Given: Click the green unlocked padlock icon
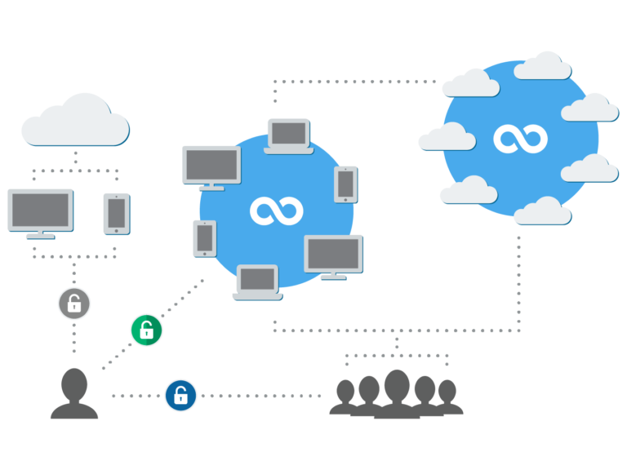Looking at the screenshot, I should click(x=146, y=330).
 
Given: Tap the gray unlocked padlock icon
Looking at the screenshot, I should click(x=74, y=304).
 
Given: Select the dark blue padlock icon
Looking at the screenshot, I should click(x=180, y=396).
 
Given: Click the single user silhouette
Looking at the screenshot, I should click(x=74, y=394).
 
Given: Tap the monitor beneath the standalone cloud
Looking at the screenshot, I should click(x=41, y=212).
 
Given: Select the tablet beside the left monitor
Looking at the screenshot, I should click(x=116, y=213).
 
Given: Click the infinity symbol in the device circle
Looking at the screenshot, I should click(x=277, y=211).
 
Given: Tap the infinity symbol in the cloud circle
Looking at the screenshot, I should click(x=520, y=138).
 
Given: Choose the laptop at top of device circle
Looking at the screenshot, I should click(x=289, y=135).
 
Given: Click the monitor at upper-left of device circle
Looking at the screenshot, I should click(x=211, y=166).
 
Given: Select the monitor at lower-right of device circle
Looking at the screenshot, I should click(x=333, y=256).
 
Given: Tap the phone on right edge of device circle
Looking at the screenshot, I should click(x=345, y=184).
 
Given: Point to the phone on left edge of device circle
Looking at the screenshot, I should click(x=205, y=238).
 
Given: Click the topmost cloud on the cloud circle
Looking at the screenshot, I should click(x=543, y=66).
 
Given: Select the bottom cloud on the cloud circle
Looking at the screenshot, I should click(x=542, y=211).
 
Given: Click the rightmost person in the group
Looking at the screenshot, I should click(x=447, y=397).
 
